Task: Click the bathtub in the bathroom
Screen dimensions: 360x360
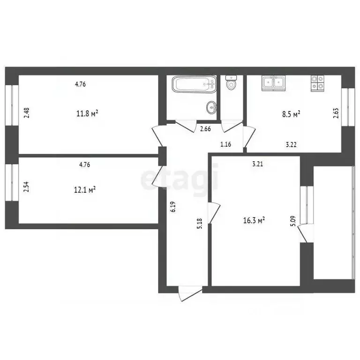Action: [x=194, y=85]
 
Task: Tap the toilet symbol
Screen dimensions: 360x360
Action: [x=231, y=84]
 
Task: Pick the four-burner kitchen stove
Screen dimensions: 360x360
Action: [x=317, y=82]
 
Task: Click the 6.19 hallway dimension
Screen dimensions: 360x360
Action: [x=173, y=207]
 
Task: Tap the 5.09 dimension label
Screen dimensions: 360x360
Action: [x=293, y=221]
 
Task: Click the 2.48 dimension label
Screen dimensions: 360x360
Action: [x=27, y=113]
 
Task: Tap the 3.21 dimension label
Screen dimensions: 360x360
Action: [x=258, y=164]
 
